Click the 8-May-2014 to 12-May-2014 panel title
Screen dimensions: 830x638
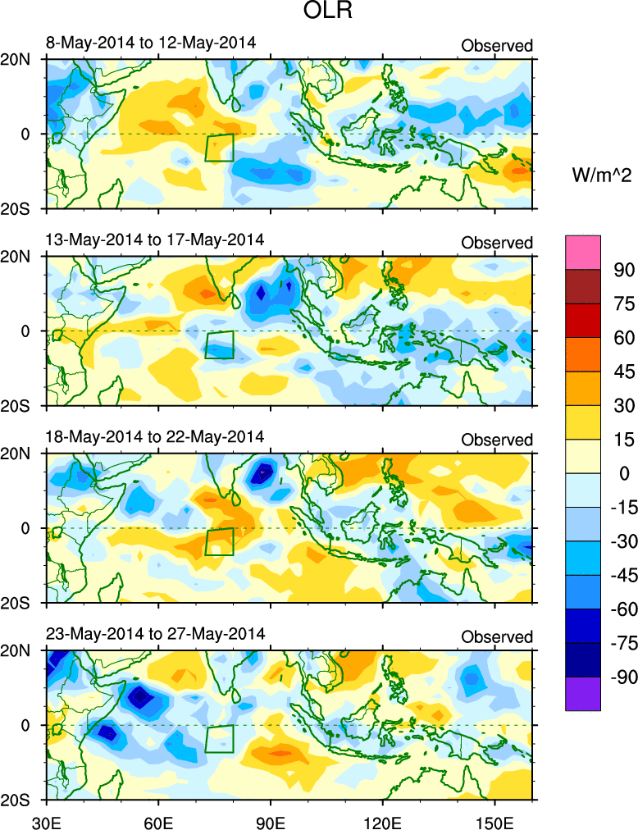151,42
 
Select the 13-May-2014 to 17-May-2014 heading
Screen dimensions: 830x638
155,239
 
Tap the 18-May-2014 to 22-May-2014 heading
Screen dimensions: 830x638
155,436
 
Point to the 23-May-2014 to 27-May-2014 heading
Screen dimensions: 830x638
155,634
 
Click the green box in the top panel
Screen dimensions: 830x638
219,148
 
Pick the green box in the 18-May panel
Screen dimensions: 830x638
219,542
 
